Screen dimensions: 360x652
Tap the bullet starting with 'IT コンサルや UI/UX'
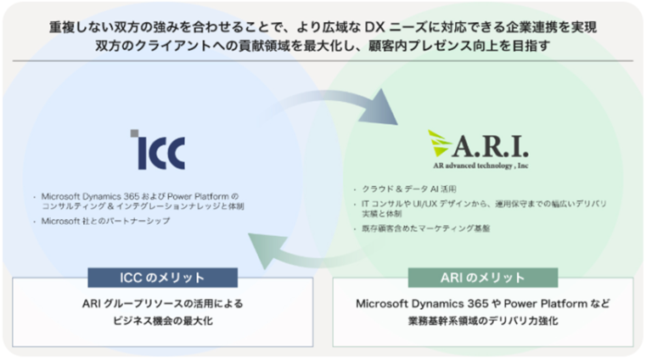tap(442, 203)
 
